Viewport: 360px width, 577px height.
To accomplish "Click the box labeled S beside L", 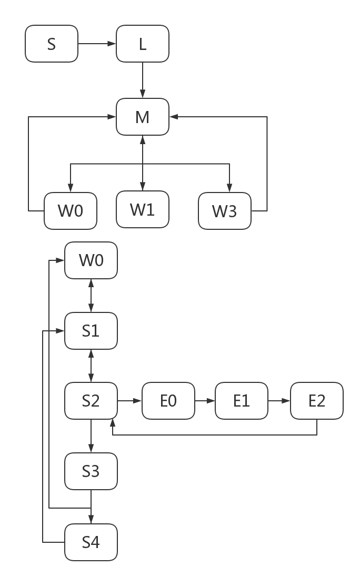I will (x=51, y=44).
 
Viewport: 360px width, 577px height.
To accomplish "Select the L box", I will (x=142, y=44).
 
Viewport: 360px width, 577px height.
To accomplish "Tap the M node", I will (x=142, y=117).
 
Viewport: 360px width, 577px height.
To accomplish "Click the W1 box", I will (x=142, y=209).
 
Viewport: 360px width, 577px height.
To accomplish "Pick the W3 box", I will (x=224, y=211).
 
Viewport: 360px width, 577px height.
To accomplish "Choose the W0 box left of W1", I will (x=70, y=211).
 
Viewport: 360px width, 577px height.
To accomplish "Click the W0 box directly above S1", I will (x=91, y=260).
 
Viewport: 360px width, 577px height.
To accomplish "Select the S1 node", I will (x=91, y=331).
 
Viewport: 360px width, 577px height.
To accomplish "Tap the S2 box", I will (x=91, y=401).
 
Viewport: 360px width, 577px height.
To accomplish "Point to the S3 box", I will (x=91, y=471).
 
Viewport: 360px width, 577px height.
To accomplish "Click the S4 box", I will (x=91, y=542).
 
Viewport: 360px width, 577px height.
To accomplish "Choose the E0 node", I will (x=168, y=401).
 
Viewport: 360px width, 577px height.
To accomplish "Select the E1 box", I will (x=241, y=401).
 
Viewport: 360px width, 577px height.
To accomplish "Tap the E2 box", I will (x=316, y=401).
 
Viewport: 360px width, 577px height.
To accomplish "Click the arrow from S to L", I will (x=97, y=44).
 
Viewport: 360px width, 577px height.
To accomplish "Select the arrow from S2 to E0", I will (x=129, y=401).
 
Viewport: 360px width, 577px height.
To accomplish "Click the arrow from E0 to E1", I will (x=205, y=401).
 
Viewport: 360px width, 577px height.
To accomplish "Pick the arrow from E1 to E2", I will (x=279, y=401).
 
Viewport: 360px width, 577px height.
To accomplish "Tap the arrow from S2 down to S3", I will (x=91, y=436).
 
